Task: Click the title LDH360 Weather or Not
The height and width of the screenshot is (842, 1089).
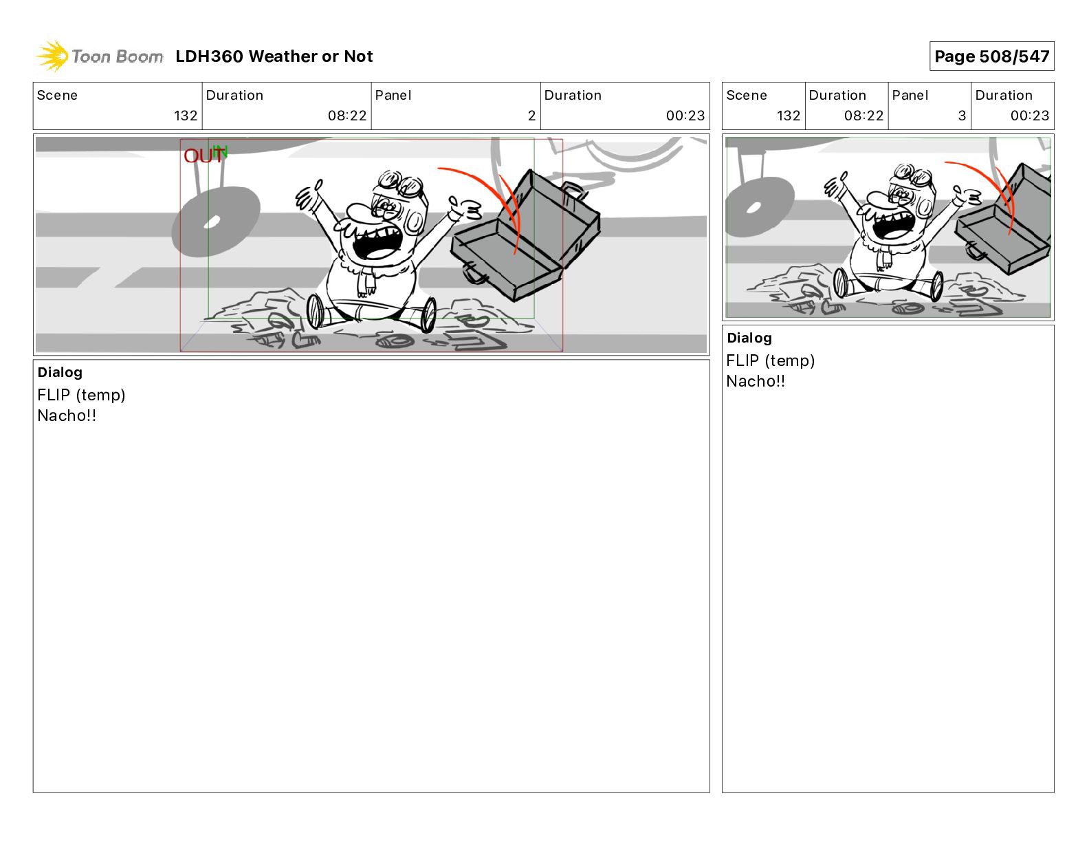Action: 274,56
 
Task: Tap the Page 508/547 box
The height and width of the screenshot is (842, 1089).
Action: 991,56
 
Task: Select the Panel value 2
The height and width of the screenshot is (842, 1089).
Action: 531,116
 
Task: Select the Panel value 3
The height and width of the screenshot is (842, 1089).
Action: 962,116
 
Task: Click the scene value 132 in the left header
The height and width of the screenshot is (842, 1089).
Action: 186,116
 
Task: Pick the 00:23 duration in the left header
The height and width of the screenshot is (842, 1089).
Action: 685,116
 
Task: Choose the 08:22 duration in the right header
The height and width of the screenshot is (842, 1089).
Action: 863,116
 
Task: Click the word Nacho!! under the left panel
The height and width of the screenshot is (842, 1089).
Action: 67,415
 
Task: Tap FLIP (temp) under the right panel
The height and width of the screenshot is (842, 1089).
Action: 770,360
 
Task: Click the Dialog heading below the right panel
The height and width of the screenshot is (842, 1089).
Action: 749,338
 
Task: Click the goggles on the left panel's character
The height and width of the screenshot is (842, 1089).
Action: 399,184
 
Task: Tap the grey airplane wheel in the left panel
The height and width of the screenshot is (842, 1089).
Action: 216,221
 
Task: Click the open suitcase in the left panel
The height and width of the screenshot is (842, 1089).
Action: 525,236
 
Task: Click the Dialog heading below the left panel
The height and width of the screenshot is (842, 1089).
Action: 60,373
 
